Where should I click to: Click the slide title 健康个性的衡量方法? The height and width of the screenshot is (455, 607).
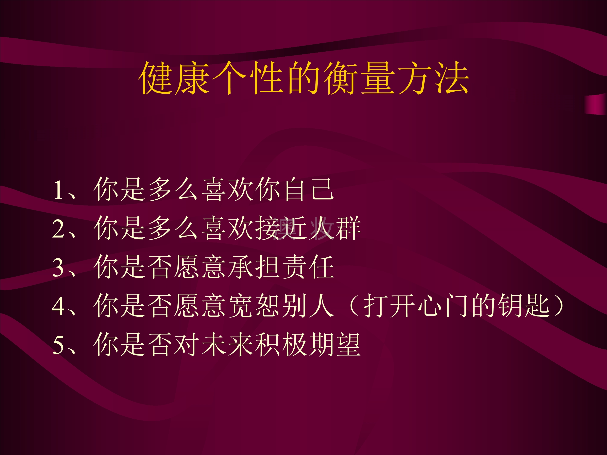click(x=303, y=78)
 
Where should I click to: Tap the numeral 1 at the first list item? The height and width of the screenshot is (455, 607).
click(x=58, y=190)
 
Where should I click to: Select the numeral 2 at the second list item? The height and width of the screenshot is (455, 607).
click(x=58, y=229)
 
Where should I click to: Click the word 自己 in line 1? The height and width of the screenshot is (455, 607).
click(x=309, y=189)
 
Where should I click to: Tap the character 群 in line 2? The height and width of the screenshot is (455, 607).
click(x=348, y=228)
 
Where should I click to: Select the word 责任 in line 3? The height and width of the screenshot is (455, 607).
click(x=309, y=267)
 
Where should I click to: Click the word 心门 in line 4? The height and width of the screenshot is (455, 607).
click(x=443, y=306)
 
